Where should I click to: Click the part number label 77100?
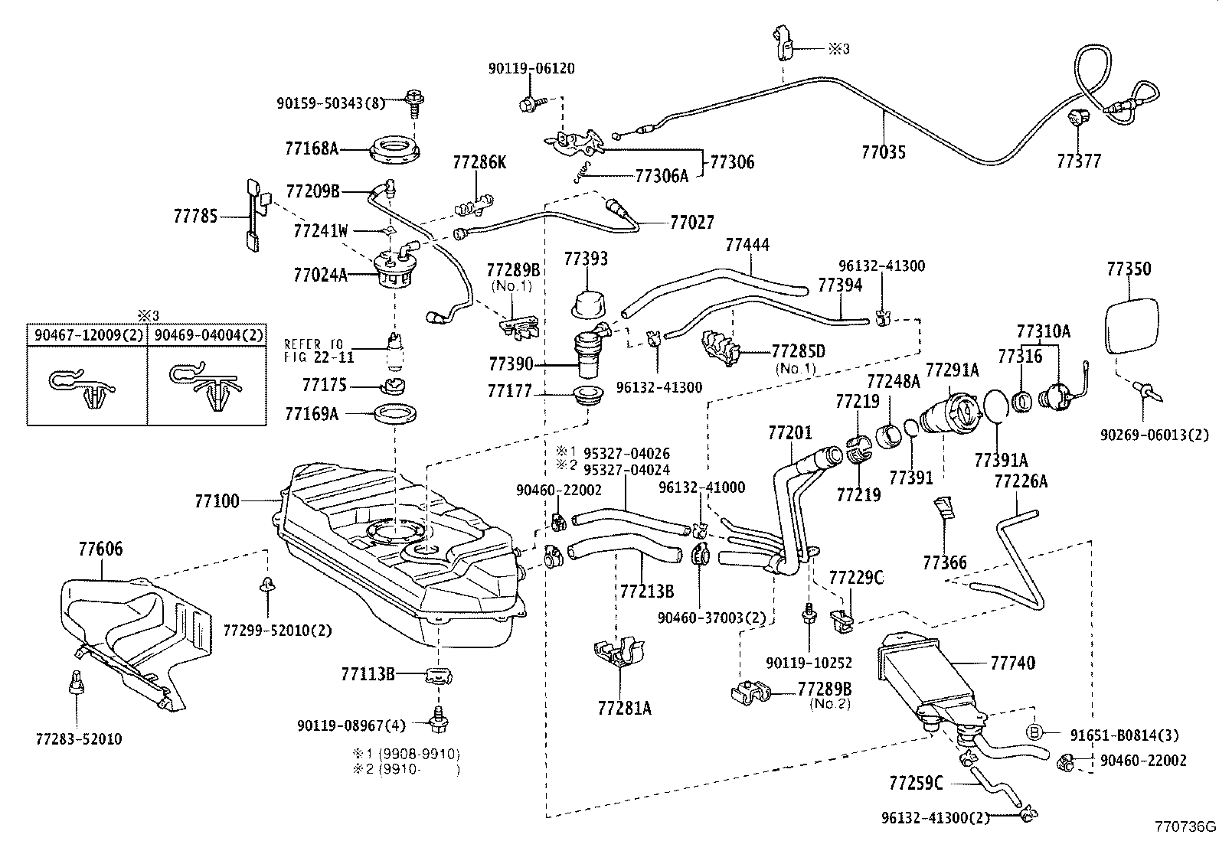217,501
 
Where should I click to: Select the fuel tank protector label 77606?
100,549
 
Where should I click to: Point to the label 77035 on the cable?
883,152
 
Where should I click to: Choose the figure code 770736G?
1185,827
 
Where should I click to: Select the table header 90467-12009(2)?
86,334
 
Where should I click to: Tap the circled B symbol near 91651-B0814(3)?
1034,732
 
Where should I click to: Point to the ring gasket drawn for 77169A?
396,415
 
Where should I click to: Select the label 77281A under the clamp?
624,708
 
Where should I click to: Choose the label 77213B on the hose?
646,591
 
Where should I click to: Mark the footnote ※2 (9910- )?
406,769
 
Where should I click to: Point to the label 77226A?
1020,481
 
